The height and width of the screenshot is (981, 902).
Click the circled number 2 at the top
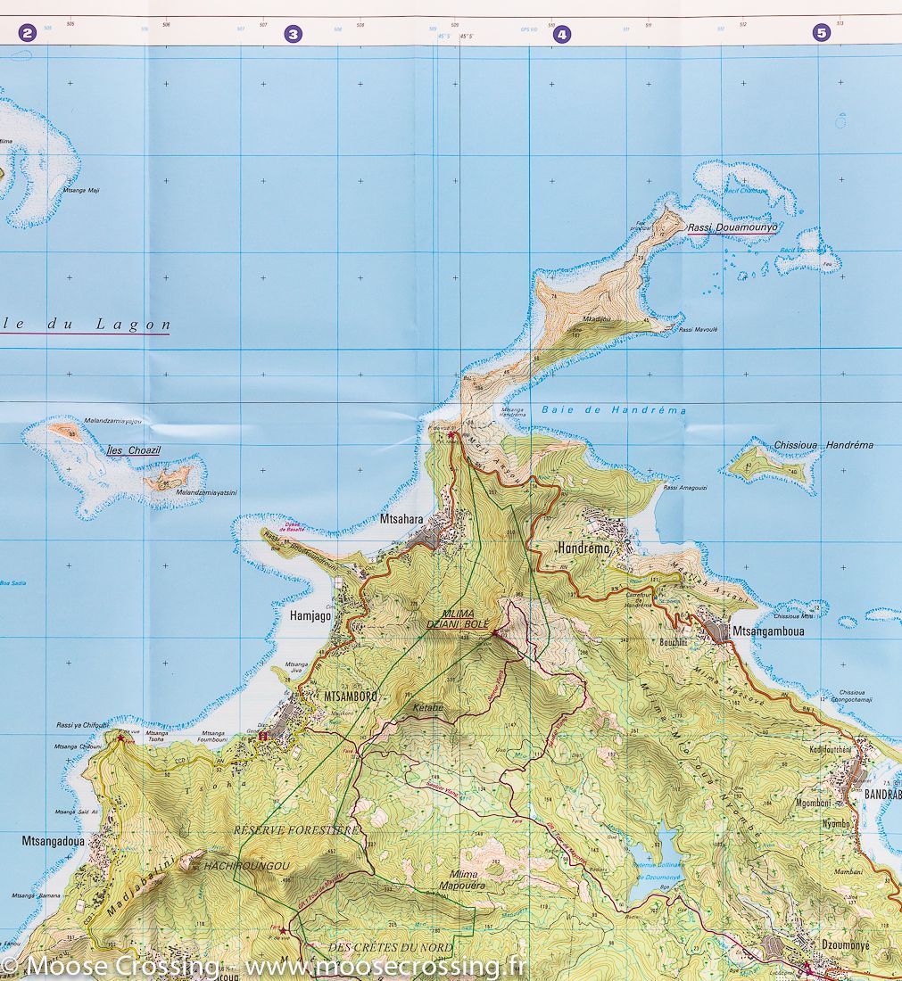coord(27,34)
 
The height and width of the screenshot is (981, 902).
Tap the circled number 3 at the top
coord(293,35)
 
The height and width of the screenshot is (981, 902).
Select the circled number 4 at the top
coord(561,35)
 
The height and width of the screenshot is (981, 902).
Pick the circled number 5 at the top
coord(821,33)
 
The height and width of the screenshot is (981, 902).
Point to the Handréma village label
coord(583,548)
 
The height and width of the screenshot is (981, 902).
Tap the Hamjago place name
coord(310,615)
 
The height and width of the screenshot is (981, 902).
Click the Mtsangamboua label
coord(768,631)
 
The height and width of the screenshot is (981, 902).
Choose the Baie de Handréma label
coord(614,410)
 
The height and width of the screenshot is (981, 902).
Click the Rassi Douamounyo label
coord(732,227)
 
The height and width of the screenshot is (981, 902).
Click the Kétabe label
coord(427,708)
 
